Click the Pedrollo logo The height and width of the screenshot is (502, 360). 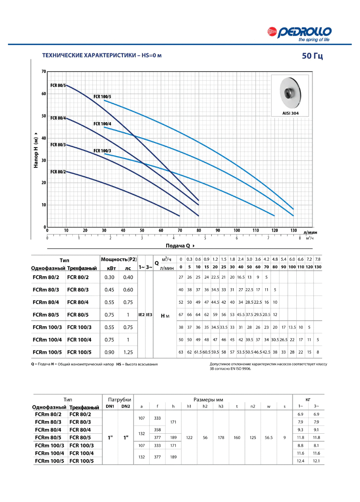pos(299,34)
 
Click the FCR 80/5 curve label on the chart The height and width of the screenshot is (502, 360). pos(58,85)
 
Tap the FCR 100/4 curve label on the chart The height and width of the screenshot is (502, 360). pos(102,124)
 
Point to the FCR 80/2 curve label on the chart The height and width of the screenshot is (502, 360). pos(58,172)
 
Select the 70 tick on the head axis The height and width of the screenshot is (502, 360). pos(44,72)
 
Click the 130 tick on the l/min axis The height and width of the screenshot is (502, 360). pos(293,230)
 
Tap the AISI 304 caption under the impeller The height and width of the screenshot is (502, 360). pos(290,113)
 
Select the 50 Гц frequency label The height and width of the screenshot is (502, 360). pos(312,56)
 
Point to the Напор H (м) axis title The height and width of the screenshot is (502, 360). pos(36,150)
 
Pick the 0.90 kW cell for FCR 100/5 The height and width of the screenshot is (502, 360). pos(109,352)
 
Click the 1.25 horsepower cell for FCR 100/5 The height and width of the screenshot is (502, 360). pos(128,352)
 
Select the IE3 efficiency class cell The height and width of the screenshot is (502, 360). pos(149,315)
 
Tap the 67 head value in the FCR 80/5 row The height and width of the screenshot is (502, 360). pos(181,315)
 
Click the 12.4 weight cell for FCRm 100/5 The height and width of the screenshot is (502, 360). pos(300,461)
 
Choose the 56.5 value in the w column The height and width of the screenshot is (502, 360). pos(268,437)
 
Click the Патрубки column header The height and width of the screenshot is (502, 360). pos(120,399)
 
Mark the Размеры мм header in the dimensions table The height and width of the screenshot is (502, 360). pos(208,399)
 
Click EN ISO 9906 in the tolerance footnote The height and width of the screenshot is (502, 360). pos(240,369)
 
